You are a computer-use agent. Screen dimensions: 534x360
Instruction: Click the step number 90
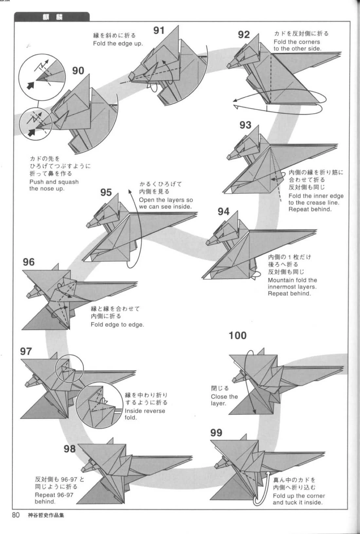[78, 71]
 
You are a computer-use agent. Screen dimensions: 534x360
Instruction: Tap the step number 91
[159, 30]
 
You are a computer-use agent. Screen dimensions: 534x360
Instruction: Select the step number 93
[245, 125]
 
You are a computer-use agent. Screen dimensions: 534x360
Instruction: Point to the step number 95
[106, 192]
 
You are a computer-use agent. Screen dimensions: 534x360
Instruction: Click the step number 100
[237, 336]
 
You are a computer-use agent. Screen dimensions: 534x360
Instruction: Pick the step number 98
[69, 449]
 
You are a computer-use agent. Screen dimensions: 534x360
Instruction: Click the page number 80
[16, 515]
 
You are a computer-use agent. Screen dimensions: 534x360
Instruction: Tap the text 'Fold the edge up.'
[118, 43]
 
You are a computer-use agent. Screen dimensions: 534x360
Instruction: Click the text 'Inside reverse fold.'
[145, 414]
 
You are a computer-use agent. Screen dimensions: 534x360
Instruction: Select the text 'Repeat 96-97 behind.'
[54, 498]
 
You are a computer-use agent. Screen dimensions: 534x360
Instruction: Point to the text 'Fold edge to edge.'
[117, 324]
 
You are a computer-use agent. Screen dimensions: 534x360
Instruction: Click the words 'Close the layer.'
[224, 400]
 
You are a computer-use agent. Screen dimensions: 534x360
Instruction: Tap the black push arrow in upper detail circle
[30, 85]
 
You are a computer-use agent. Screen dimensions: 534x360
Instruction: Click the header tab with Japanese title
[52, 17]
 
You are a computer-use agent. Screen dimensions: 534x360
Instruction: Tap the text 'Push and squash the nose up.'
[54, 185]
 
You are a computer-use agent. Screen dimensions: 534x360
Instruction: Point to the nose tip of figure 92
[228, 66]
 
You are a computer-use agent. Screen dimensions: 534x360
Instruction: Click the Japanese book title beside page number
[46, 515]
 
